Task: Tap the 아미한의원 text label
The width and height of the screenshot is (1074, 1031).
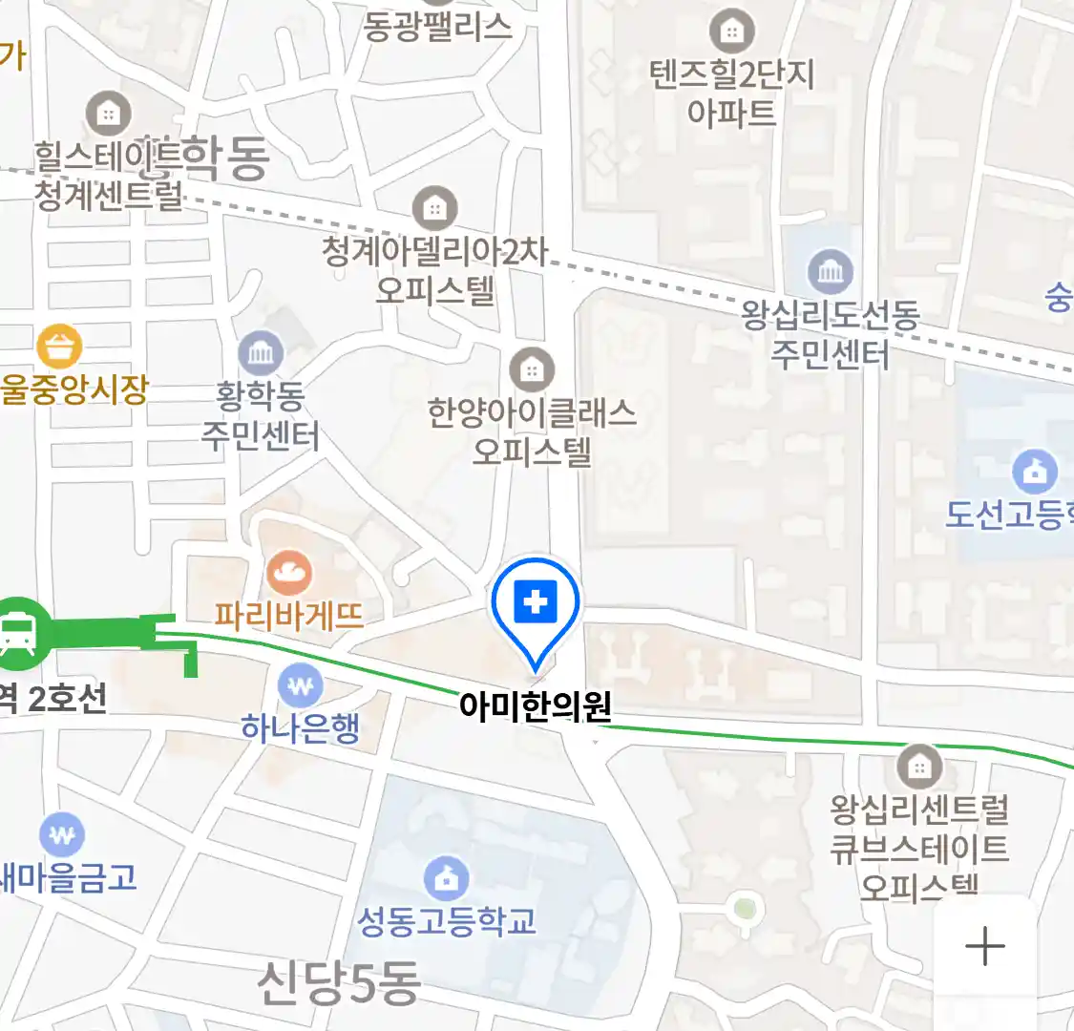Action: click(x=535, y=706)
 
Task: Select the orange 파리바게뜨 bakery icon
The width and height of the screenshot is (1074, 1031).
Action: click(x=289, y=573)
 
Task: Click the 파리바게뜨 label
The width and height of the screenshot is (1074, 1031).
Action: click(x=289, y=615)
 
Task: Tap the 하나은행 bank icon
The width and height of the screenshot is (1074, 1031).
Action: click(x=301, y=685)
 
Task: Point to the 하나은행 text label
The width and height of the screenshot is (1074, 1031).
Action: click(x=301, y=728)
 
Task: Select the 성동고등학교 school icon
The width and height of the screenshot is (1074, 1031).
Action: click(x=446, y=877)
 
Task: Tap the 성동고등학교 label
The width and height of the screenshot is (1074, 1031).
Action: click(x=446, y=921)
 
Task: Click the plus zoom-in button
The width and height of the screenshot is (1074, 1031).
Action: click(x=984, y=947)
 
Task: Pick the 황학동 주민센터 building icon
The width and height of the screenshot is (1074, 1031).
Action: click(x=261, y=354)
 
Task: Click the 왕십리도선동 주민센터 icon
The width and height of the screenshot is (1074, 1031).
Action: click(x=831, y=272)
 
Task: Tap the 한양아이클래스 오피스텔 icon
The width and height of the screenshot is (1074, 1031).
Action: click(x=532, y=370)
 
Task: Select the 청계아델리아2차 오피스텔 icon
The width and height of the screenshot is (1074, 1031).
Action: click(x=435, y=207)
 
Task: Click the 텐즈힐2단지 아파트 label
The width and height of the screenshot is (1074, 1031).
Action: click(x=732, y=93)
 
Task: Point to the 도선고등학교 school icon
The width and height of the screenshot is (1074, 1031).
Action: click(x=1035, y=471)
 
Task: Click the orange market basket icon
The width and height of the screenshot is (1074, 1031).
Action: click(x=59, y=347)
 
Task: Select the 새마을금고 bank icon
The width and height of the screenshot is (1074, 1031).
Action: click(x=62, y=835)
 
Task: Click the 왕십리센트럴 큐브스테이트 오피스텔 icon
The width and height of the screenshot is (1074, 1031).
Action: click(x=919, y=766)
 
